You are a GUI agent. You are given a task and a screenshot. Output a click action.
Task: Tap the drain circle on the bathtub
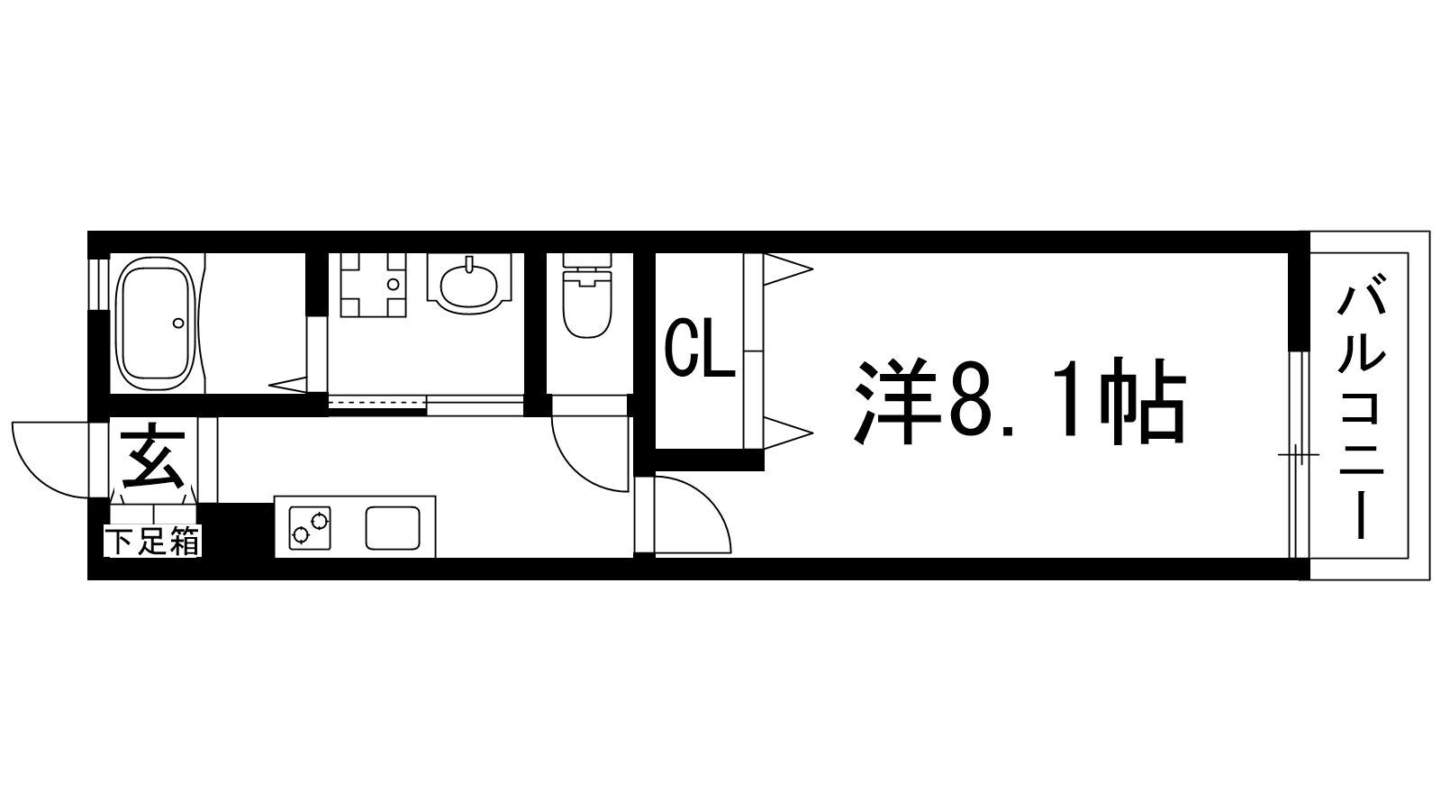178,323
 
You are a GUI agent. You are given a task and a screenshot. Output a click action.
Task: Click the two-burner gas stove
309,527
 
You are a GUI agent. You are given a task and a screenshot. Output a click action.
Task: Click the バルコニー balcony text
1361,410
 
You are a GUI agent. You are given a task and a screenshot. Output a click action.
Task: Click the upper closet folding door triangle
787,269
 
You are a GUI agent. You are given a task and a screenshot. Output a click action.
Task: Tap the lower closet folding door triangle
787,431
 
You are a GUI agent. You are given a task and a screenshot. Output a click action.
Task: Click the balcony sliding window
1296,455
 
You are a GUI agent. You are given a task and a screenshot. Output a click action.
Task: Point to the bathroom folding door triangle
288,385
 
